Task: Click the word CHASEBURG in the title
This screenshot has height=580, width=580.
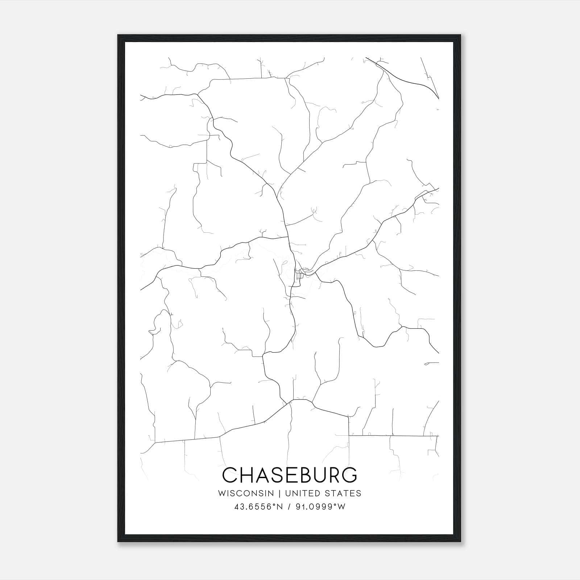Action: click(290, 475)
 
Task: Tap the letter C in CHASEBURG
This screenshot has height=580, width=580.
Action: click(230, 475)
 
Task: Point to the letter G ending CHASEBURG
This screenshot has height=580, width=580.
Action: click(349, 475)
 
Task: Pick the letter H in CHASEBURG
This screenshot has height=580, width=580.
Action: click(246, 475)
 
